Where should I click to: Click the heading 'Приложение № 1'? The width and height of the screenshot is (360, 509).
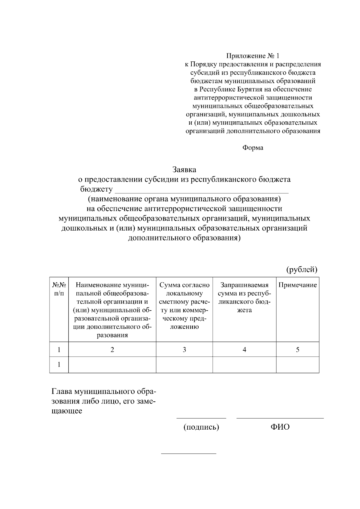click(x=253, y=56)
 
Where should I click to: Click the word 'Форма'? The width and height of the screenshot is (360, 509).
click(x=253, y=148)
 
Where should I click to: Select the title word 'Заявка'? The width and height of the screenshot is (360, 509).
click(x=184, y=170)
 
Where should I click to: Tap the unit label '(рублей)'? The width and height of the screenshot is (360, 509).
click(x=301, y=269)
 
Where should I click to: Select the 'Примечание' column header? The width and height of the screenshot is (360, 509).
click(x=298, y=285)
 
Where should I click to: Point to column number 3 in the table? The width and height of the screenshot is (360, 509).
click(x=184, y=350)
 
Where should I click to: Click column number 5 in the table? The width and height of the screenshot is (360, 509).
click(x=298, y=350)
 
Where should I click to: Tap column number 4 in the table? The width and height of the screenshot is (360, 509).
click(x=244, y=350)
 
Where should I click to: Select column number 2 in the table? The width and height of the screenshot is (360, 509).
click(x=112, y=350)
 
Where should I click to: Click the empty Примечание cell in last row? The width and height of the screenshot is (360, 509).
click(x=298, y=365)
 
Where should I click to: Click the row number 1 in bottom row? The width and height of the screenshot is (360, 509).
click(x=59, y=365)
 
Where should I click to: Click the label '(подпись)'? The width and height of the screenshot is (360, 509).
click(x=201, y=427)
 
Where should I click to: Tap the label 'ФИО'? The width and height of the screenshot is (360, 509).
click(x=280, y=427)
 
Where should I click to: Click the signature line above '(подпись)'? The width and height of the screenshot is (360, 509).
click(x=201, y=418)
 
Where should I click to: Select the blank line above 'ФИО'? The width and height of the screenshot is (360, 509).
click(x=280, y=418)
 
